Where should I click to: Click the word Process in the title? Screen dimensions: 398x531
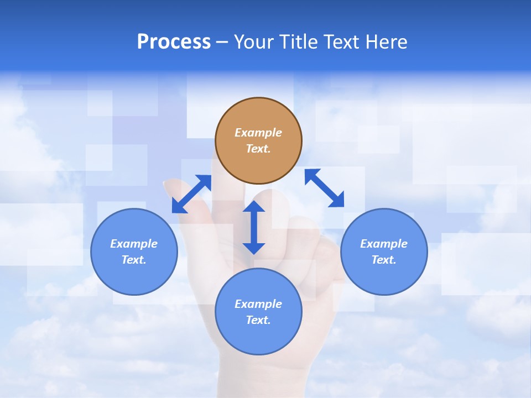(174, 42)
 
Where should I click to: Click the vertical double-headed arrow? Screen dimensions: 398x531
(254, 228)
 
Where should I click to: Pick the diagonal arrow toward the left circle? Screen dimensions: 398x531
(191, 194)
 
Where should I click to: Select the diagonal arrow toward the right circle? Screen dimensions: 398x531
(324, 188)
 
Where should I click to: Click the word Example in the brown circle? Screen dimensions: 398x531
(258, 133)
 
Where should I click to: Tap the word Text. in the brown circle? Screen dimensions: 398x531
(258, 149)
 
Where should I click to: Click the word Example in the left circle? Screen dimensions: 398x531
(134, 244)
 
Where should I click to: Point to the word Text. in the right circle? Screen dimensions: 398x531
(384, 260)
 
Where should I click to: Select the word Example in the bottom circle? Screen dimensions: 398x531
(258, 304)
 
